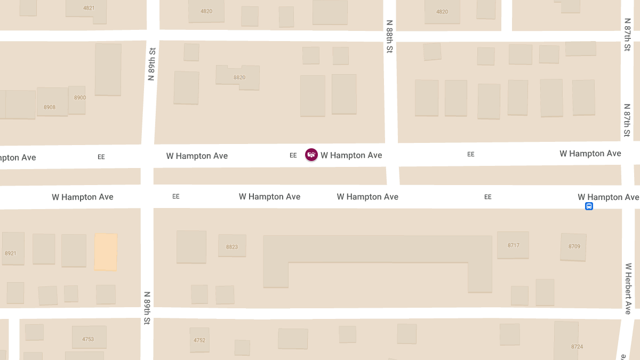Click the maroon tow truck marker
coord(311,155)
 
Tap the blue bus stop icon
coord(589,206)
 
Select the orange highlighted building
coord(106,251)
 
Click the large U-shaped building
coord(377,249)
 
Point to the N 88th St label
coord(389,36)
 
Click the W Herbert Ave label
coord(628,288)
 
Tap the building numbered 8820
coord(239,77)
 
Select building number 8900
coord(79,98)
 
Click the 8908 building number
coord(50,107)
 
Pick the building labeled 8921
coord(11,253)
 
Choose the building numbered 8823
coord(232,247)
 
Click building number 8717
coord(514,245)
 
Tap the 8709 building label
coord(574,246)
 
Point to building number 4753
coord(88,339)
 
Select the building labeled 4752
coord(199,340)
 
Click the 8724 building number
coord(577,347)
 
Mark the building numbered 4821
coord(89,8)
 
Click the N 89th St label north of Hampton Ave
coord(151,64)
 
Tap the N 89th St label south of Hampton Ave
coord(147,308)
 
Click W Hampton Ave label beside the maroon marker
coord(351,155)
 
